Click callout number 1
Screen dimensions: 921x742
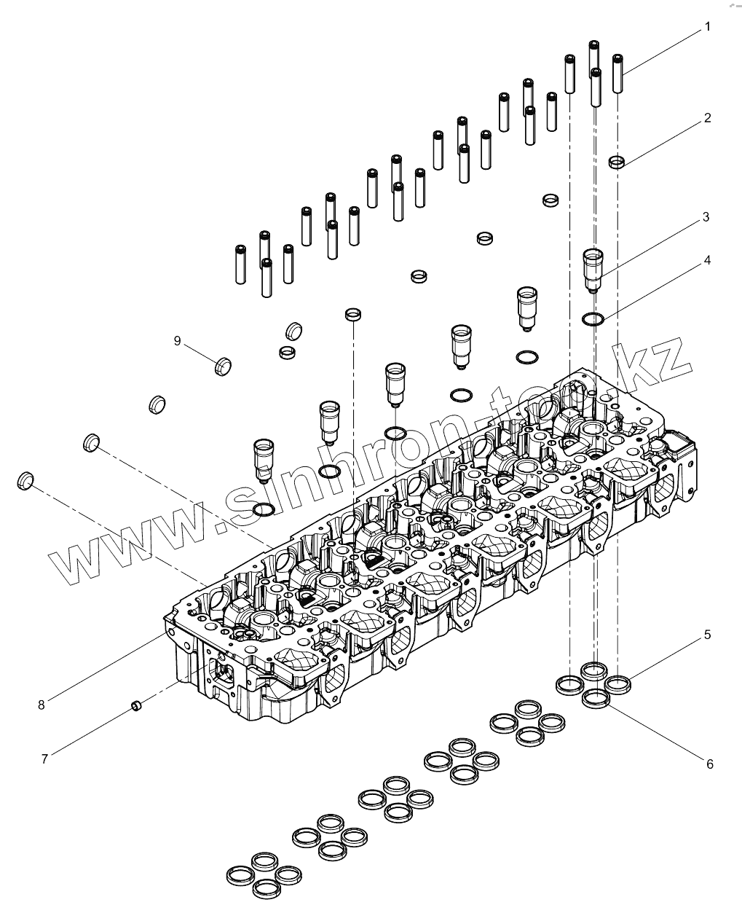(706, 28)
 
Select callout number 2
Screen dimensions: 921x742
(706, 118)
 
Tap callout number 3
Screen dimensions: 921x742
(706, 217)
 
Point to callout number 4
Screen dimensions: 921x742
(706, 260)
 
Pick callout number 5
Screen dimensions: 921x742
(706, 635)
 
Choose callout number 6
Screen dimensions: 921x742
(709, 764)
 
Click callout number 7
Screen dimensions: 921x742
(44, 759)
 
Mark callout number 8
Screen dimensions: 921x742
(42, 704)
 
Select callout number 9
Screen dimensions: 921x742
(177, 340)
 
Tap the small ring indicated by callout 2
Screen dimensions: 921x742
(617, 161)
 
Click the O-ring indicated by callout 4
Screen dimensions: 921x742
(593, 318)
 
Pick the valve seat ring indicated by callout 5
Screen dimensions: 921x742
(618, 683)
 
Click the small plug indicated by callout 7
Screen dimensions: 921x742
(135, 705)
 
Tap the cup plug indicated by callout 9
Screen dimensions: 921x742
(223, 365)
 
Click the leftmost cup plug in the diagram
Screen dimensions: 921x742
(25, 480)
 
